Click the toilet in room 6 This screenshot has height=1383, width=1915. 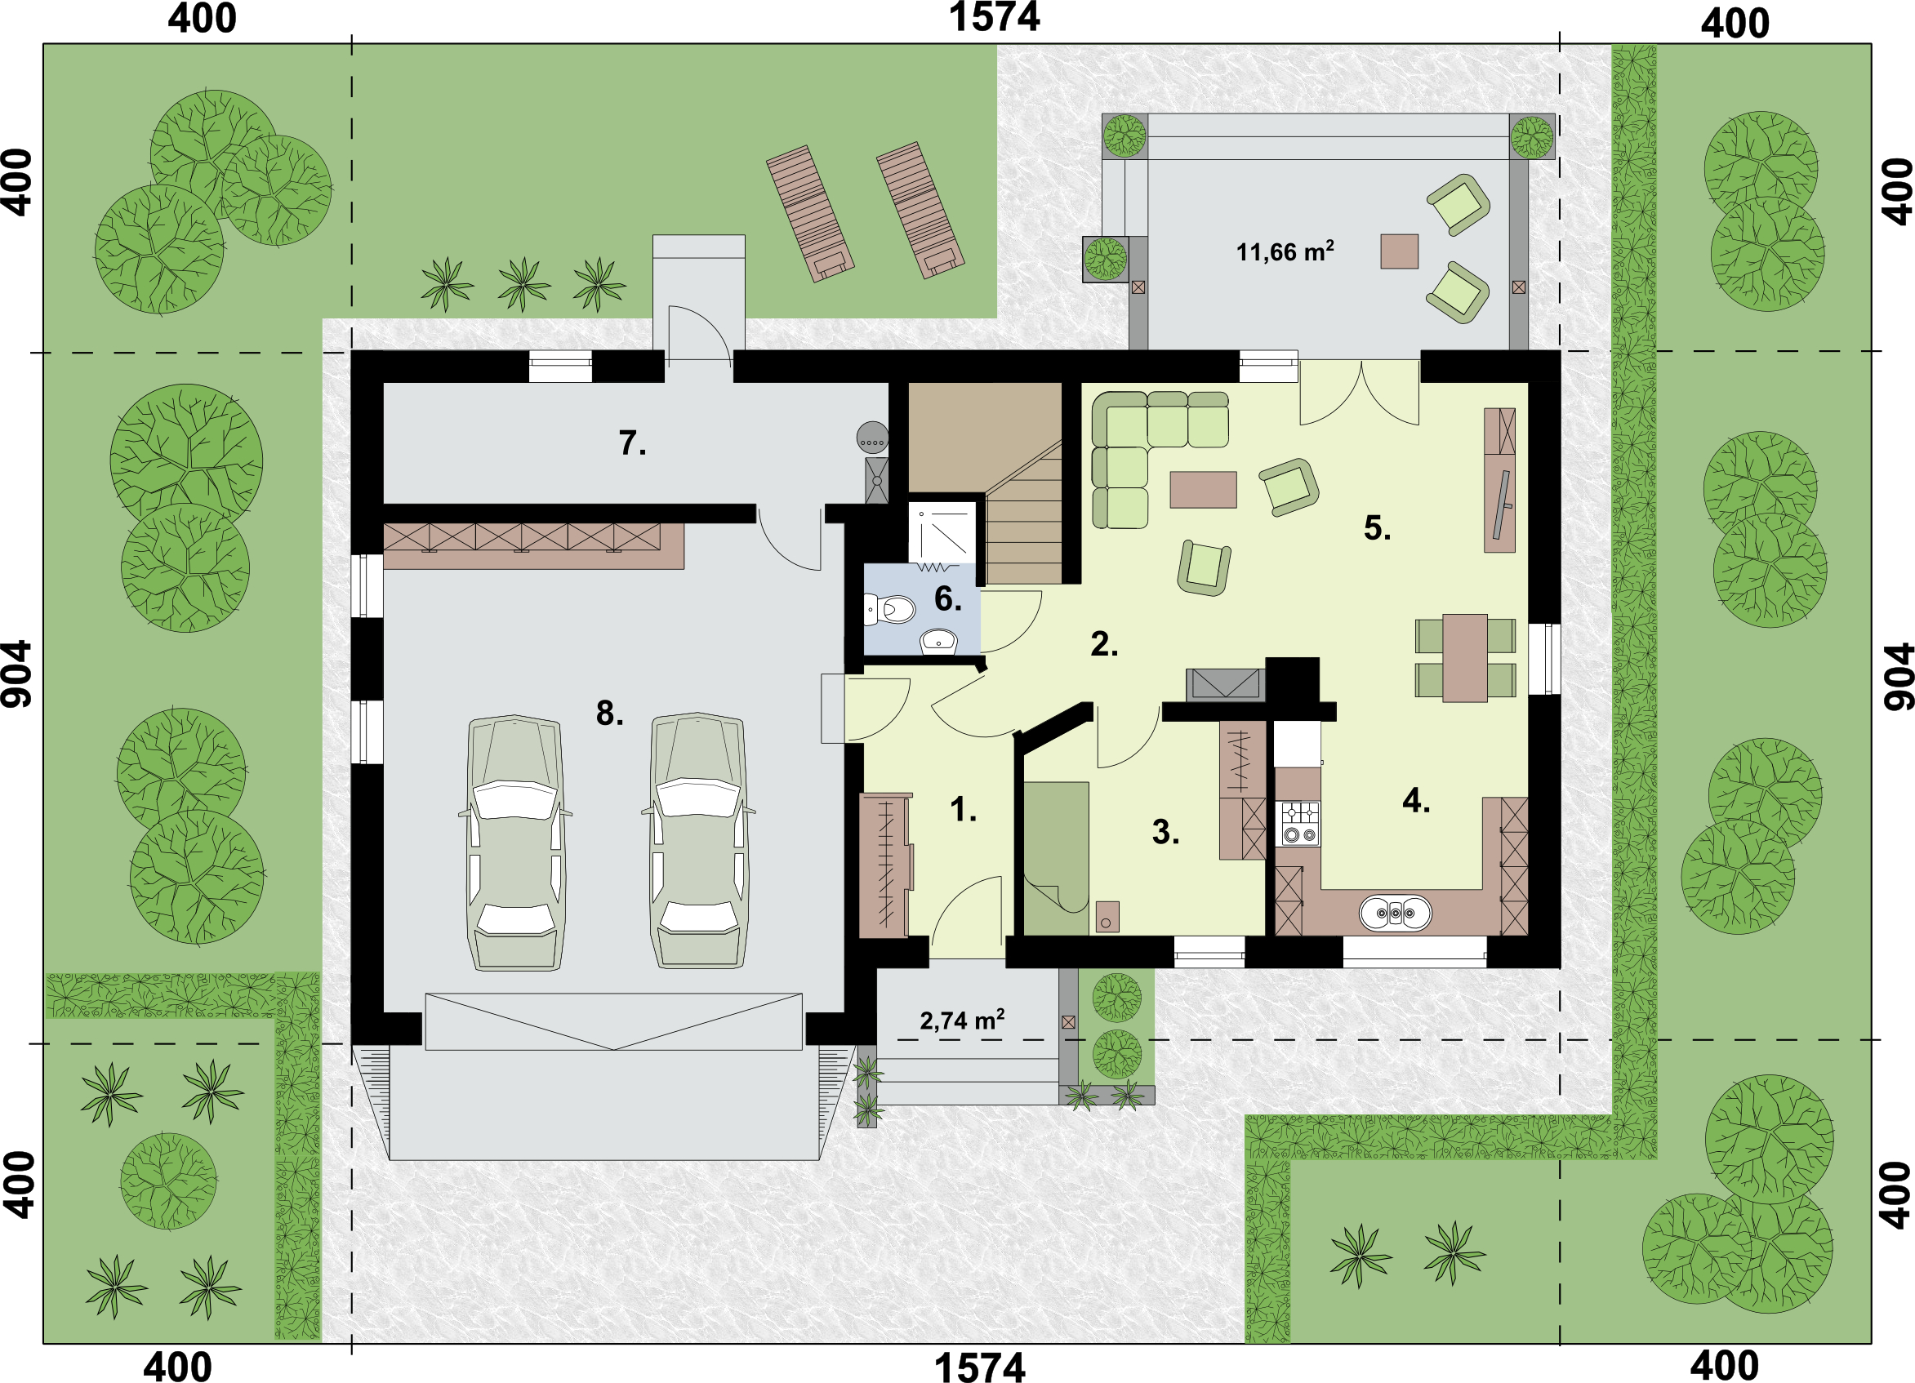(x=890, y=609)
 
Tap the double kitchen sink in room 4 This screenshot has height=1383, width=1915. (x=1395, y=913)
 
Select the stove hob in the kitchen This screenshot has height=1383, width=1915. (x=1300, y=823)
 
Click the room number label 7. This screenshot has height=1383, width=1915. (x=632, y=443)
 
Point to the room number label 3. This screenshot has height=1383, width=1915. (x=1165, y=832)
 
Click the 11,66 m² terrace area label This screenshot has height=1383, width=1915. (x=1285, y=251)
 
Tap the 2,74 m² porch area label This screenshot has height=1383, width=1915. (x=962, y=1020)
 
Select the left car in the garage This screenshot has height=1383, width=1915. (x=515, y=842)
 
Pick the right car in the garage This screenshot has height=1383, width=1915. (x=697, y=841)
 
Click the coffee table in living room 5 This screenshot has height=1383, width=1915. (x=1203, y=490)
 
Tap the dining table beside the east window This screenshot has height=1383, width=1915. (x=1465, y=658)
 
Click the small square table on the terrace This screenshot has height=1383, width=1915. (x=1399, y=251)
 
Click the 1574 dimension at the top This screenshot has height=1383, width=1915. (x=995, y=18)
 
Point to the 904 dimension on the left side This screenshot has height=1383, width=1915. (x=17, y=673)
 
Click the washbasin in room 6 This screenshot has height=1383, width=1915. (x=938, y=641)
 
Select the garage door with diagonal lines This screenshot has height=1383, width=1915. (x=614, y=1021)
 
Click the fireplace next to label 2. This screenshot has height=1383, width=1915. (x=1225, y=685)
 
